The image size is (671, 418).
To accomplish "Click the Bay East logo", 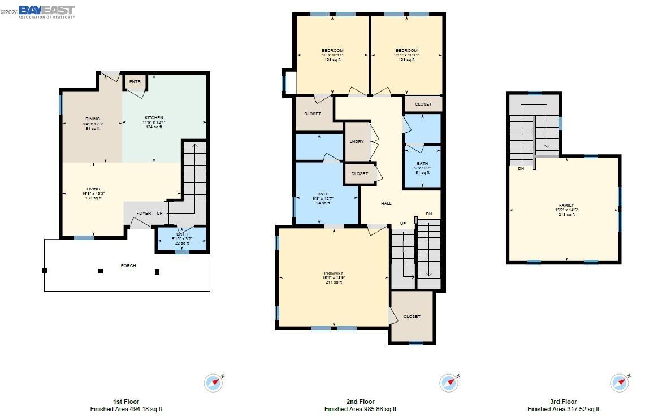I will [46, 11].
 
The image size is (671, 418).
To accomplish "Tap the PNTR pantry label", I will [135, 82].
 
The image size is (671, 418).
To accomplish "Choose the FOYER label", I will [144, 213].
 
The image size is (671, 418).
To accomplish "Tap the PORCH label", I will [128, 265].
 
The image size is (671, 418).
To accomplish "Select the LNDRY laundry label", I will [357, 141].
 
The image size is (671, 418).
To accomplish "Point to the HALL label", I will [386, 203].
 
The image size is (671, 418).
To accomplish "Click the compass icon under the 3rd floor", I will [619, 382].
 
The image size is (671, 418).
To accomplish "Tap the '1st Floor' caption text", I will [126, 402].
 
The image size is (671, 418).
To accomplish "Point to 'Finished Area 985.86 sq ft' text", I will [360, 409].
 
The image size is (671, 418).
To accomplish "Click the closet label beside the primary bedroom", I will [412, 316].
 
